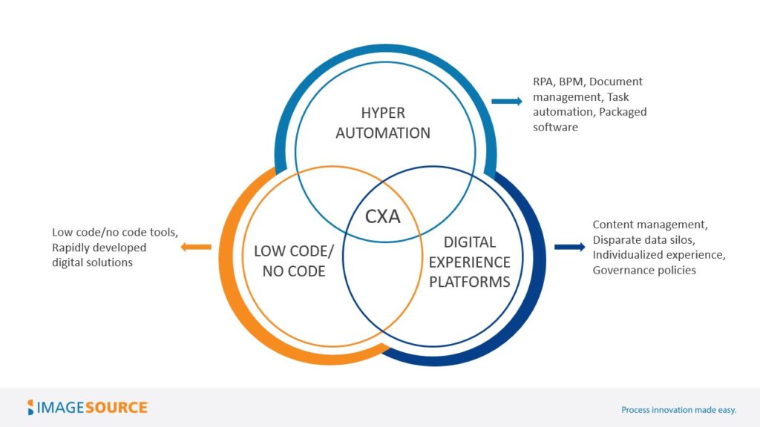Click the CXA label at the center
point(382,216)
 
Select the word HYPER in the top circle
point(382,113)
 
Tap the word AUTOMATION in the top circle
point(382,133)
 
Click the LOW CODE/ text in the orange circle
point(289,251)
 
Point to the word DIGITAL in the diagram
point(469,242)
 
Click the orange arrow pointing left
point(197,246)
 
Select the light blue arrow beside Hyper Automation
point(507,101)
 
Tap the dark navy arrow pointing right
point(569,246)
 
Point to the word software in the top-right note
point(555,128)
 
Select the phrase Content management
point(650,224)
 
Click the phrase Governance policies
point(644,270)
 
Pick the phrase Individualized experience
point(658,255)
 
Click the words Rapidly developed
point(99,247)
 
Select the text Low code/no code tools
point(115,231)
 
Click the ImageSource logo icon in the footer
point(31,407)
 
